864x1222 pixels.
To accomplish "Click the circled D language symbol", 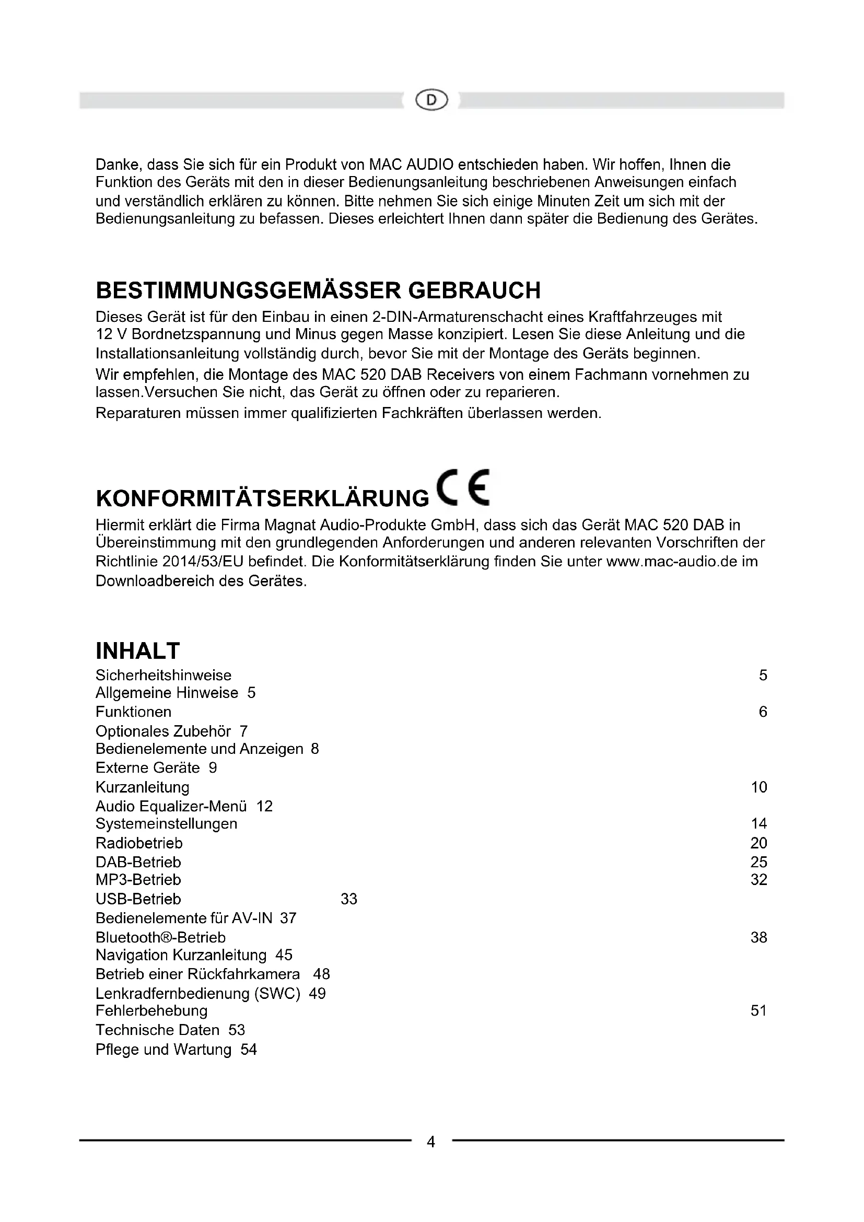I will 431,100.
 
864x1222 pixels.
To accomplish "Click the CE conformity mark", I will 462,487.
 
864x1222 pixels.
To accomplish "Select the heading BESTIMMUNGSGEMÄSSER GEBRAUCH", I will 318,290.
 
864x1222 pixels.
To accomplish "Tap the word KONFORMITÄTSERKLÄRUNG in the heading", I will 262,498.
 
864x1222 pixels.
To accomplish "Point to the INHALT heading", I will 138,651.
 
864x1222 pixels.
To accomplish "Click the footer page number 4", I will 431,1142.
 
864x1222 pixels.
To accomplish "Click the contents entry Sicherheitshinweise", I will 164,675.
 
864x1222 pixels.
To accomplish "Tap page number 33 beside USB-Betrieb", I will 349,899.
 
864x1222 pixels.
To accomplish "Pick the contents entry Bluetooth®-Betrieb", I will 161,937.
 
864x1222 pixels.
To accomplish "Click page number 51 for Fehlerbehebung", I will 758,1010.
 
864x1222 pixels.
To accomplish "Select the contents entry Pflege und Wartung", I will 164,1049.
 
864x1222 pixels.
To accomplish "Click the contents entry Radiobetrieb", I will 139,843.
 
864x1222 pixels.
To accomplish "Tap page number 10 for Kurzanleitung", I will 758,787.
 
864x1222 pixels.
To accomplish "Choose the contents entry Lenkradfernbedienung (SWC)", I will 198,993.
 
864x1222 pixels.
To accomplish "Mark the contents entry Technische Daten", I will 157,1030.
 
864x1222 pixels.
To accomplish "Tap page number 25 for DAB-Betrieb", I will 758,862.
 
